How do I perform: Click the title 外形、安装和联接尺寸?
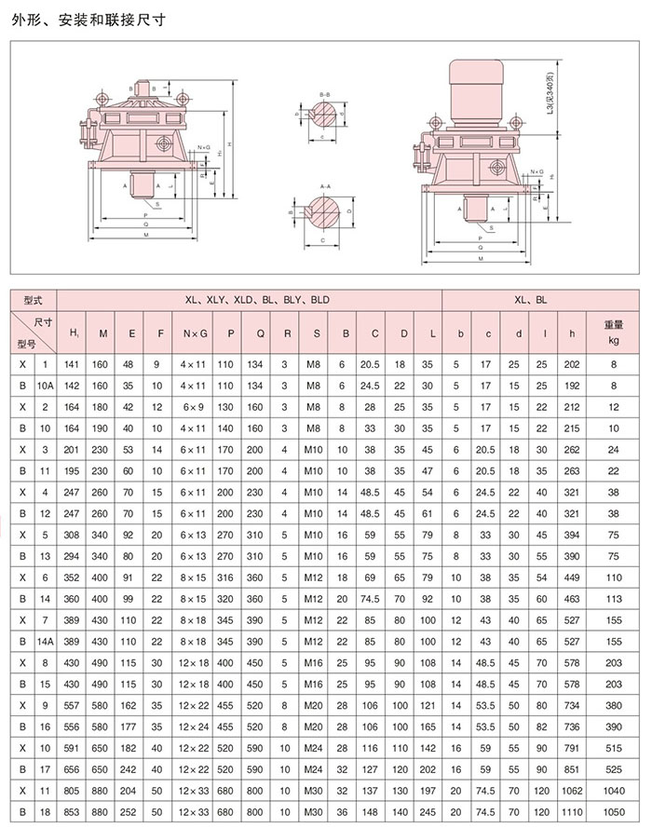pos(77,18)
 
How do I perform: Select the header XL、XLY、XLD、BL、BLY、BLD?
pos(249,300)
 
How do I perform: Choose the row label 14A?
pos(45,643)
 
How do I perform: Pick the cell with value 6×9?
pos(196,406)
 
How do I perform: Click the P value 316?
pos(226,578)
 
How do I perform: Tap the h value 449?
pos(571,578)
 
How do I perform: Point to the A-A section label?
pos(325,187)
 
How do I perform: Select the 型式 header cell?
pos(34,300)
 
